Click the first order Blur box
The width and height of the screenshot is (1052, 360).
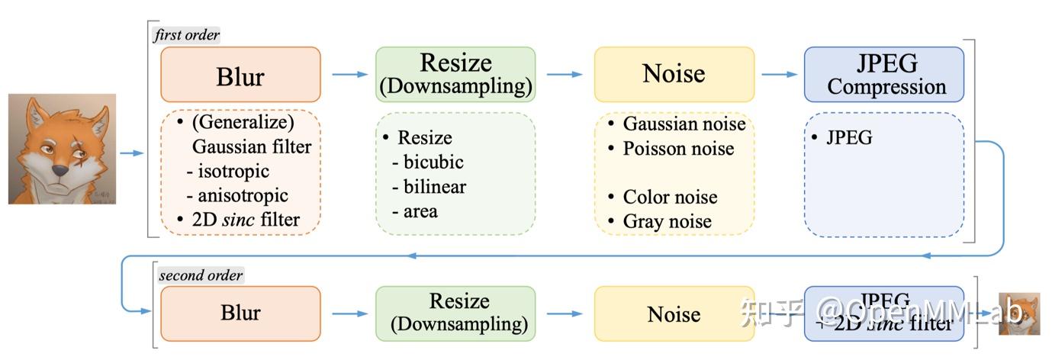240,75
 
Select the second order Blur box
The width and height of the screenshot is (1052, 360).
240,313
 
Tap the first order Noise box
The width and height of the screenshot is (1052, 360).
674,75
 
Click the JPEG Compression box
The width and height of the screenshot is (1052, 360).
884,75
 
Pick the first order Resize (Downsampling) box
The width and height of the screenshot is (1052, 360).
455,75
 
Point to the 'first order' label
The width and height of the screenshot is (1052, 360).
187,35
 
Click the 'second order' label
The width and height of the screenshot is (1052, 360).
201,275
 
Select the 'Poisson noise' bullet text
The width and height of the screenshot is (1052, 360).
678,148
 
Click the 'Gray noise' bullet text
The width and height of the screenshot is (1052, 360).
667,221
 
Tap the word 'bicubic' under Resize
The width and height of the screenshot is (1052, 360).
433,162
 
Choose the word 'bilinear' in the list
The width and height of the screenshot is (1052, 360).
434,187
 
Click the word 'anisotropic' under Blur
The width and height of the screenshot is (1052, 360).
243,195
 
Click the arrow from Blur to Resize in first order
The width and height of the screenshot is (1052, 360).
348,75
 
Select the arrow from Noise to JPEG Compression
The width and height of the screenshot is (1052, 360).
779,75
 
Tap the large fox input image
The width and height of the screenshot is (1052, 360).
62,149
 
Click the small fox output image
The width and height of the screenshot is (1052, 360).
1020,313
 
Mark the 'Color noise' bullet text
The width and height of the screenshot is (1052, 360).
670,197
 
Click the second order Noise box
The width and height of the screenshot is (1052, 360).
674,313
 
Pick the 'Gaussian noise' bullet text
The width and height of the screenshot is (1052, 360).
684,124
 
